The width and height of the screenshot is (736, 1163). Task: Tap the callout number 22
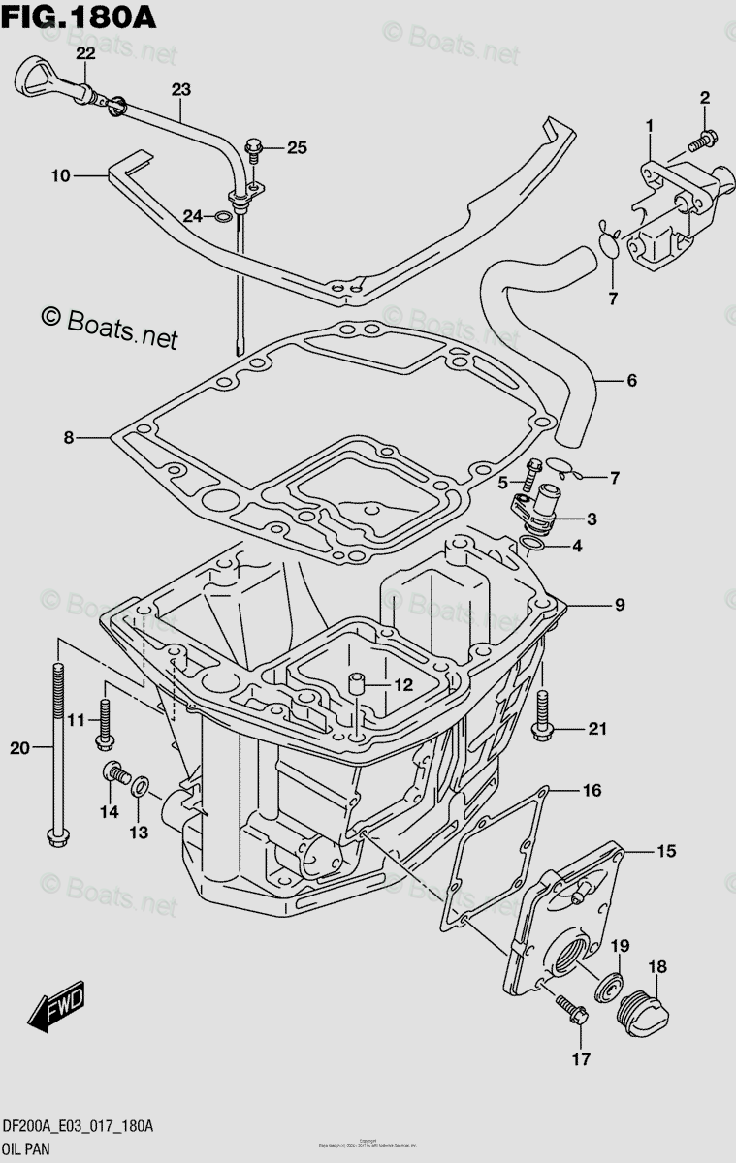tap(86, 52)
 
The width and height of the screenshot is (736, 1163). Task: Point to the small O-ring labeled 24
tap(223, 214)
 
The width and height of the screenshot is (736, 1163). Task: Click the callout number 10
tap(61, 175)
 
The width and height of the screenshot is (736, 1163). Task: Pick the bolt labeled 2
tap(703, 141)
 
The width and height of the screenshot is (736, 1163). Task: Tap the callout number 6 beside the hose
tap(631, 381)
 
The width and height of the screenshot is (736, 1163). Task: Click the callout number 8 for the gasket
tap(69, 437)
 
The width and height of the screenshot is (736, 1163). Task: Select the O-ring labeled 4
tap(532, 545)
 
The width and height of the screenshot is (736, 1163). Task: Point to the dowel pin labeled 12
tap(356, 682)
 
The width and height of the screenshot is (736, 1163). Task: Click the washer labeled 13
tap(140, 783)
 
